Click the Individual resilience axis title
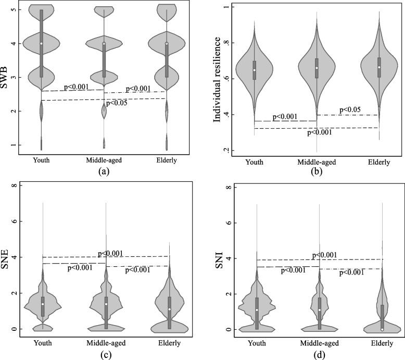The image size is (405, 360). tap(217, 80)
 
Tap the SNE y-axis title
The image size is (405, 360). tap(5, 259)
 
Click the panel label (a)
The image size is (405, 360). tap(104, 171)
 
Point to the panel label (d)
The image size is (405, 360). tap(318, 355)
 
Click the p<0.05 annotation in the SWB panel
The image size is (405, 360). tap(117, 103)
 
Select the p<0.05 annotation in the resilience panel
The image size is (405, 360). tap(350, 109)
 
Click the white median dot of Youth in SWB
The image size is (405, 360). tap(41, 43)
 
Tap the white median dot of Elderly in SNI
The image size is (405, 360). tap(382, 329)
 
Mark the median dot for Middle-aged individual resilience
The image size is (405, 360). tap(317, 68)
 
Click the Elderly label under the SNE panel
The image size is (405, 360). tap(169, 343)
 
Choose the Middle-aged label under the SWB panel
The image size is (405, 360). tap(104, 160)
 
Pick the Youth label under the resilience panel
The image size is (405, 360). tap(255, 163)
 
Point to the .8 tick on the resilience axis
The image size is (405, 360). tap(226, 43)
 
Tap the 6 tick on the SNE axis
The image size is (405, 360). tap(14, 221)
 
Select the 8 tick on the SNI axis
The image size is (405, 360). tap(228, 187)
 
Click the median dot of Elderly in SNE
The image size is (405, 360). tap(169, 309)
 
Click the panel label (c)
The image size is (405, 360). tap(106, 355)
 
